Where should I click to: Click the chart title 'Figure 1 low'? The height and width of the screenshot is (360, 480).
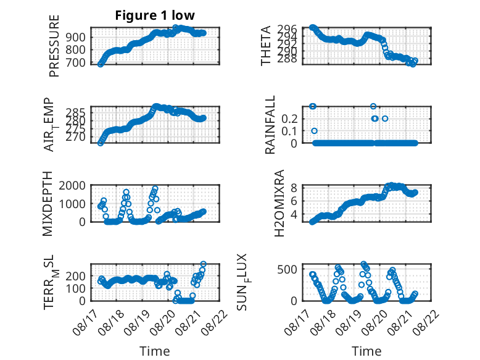[155, 15]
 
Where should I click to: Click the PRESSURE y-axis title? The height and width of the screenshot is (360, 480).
[54, 46]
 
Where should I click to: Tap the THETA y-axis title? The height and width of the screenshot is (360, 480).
[266, 46]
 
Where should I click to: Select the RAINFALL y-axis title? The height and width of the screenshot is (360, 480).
[270, 125]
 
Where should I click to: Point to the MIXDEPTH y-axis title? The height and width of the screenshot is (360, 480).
[48, 204]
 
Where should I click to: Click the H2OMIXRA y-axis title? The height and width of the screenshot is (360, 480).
[279, 203]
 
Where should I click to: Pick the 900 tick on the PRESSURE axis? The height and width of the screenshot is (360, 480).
[76, 37]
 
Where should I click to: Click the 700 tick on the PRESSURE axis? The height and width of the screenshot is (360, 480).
[76, 62]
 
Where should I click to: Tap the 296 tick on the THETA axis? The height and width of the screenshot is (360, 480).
[288, 29]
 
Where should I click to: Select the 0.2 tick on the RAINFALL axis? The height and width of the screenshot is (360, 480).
[289, 119]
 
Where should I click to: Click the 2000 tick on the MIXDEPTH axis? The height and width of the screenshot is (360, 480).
[72, 185]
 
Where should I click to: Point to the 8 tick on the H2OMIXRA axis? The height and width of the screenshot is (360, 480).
[294, 188]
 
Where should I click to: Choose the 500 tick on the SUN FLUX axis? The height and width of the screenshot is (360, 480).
[288, 270]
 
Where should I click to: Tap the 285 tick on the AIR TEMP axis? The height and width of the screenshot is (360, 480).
[76, 112]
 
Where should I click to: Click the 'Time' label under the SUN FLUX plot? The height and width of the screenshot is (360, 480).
[366, 351]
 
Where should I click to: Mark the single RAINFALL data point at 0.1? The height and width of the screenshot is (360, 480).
[314, 131]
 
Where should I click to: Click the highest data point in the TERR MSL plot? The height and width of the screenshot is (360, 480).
[203, 264]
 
